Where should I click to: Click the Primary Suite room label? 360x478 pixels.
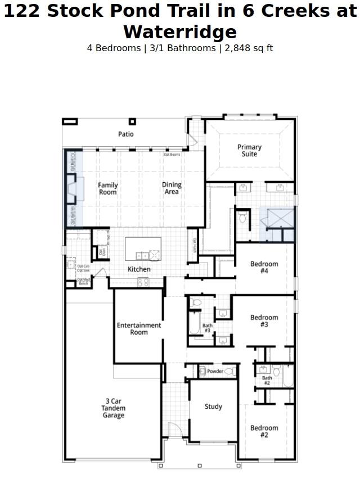[249, 151]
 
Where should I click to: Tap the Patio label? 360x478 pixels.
[126, 134]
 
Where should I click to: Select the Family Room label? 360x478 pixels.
[108, 188]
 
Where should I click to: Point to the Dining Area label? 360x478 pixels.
[172, 188]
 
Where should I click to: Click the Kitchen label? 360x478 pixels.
[139, 269]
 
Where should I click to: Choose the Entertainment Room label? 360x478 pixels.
[139, 328]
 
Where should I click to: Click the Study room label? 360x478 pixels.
[213, 407]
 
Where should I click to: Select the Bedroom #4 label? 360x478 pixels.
[264, 267]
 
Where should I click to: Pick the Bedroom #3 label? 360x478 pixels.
[264, 321]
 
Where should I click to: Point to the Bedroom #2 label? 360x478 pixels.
[264, 431]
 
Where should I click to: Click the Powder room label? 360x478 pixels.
[215, 371]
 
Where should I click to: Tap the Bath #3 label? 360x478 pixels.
[208, 328]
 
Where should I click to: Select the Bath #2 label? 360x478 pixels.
[267, 381]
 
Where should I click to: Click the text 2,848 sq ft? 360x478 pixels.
[248, 48]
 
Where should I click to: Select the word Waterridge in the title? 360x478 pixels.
[180, 31]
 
